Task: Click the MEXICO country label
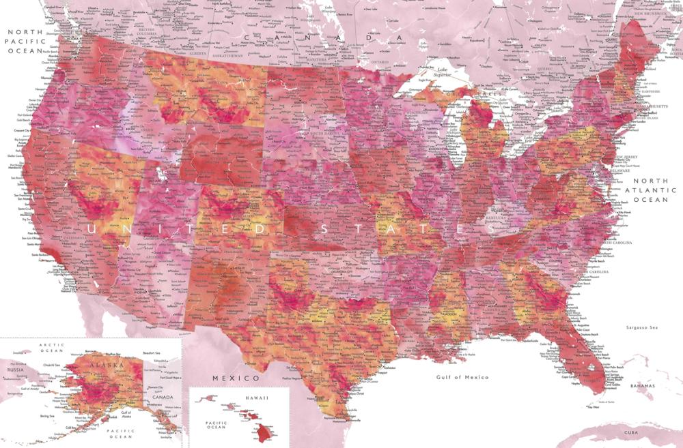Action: point(236,378)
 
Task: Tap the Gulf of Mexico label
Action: point(462,377)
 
